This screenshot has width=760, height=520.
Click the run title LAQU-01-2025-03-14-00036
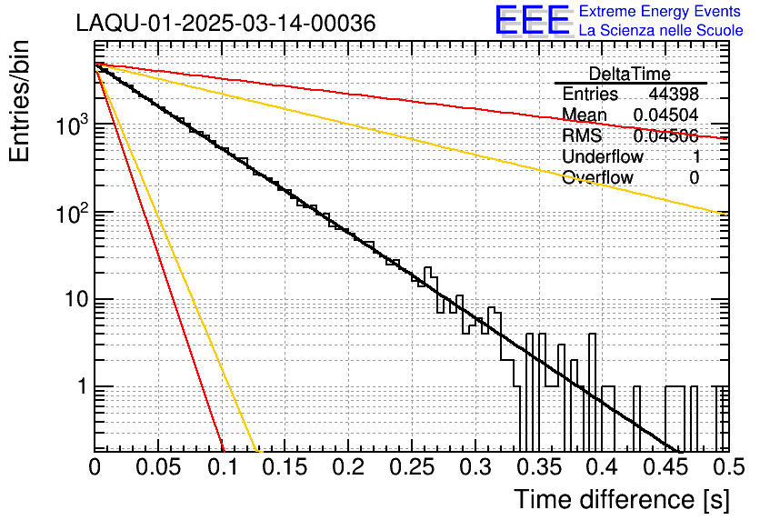(x=226, y=25)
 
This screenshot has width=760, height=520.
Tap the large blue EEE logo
(x=532, y=21)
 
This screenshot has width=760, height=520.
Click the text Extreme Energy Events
(x=661, y=12)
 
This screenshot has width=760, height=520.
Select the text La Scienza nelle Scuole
(x=661, y=31)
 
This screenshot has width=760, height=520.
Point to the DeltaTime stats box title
(x=629, y=74)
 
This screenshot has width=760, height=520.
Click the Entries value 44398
(x=674, y=95)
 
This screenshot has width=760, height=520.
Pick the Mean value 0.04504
(x=666, y=115)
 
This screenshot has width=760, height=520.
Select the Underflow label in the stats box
(x=603, y=156)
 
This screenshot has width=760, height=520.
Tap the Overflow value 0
(x=694, y=177)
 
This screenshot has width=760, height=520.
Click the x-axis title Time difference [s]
(x=621, y=499)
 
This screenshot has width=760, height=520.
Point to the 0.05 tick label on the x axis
(x=158, y=468)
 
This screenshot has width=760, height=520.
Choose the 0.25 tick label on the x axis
(x=411, y=468)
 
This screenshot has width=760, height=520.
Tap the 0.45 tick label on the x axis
(x=664, y=468)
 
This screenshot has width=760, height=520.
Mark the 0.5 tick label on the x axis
(x=723, y=468)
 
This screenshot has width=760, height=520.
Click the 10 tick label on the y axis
(x=75, y=300)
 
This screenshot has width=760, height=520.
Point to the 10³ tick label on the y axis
(x=71, y=126)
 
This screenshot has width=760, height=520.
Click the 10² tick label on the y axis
(x=71, y=213)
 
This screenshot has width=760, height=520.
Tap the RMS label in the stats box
(x=582, y=135)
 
